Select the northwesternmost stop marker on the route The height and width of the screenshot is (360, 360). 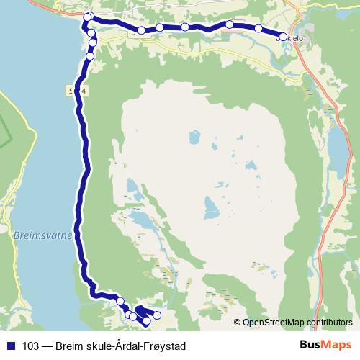click(88, 17)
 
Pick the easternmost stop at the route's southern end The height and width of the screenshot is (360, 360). click(157, 315)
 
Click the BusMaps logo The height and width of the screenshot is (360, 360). click(326, 346)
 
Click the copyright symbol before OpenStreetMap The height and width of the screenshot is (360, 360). click(237, 322)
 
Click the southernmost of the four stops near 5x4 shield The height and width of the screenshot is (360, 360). click(90, 55)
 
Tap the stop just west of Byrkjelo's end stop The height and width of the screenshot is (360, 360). click(258, 28)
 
